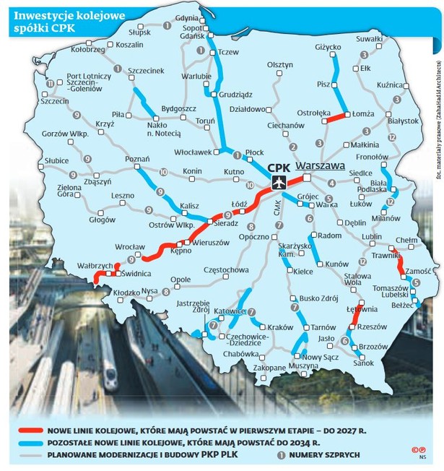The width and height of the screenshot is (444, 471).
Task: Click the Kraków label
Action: point(280,327)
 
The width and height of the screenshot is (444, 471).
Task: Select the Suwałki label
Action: point(369,38)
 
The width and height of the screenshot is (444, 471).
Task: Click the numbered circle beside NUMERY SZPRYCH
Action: point(282,455)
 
